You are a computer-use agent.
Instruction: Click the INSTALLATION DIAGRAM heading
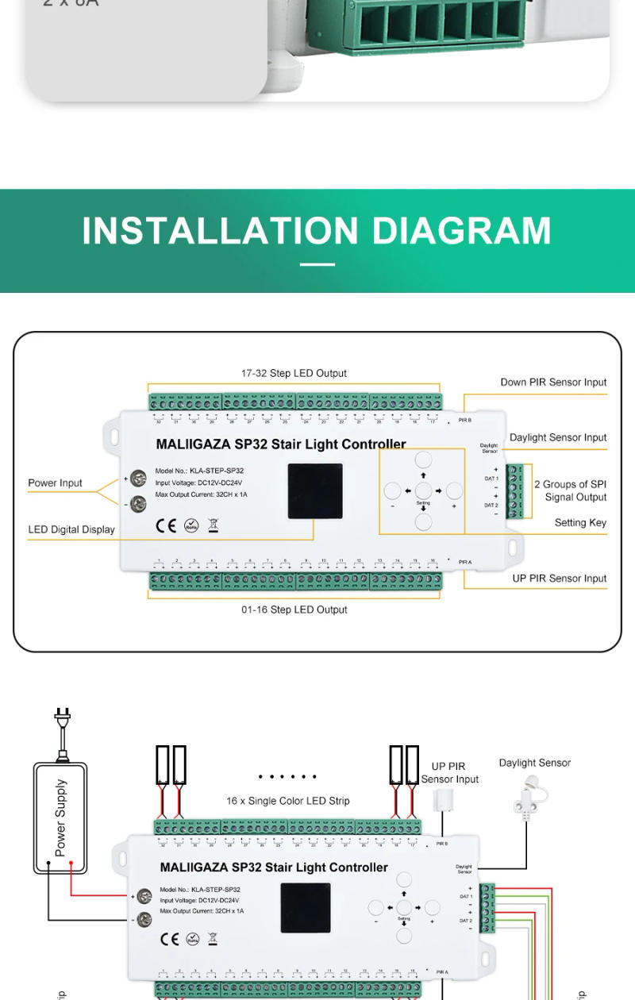coord(317,230)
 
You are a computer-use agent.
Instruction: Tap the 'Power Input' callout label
coord(55,483)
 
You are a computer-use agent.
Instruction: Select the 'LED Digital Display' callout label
coord(71,529)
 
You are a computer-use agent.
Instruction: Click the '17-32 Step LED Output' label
coord(294,373)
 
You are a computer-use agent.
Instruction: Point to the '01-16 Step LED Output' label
coord(294,610)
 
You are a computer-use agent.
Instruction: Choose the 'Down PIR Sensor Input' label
coord(553,382)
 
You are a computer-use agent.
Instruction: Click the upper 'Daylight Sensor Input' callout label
coord(558,437)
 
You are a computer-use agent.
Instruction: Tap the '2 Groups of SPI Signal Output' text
coord(570,490)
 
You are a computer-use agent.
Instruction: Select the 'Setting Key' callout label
coord(580,522)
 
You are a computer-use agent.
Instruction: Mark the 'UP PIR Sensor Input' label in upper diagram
coord(559,579)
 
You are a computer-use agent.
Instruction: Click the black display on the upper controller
coord(315,491)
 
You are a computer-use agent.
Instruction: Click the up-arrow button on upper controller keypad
coord(423,460)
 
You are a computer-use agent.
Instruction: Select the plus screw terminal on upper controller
coord(139,478)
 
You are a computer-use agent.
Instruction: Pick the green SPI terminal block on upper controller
coord(514,491)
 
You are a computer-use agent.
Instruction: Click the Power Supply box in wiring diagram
coord(60,817)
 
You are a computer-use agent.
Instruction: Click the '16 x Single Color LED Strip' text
coord(287,801)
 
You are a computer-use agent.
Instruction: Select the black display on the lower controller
coord(306,908)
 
